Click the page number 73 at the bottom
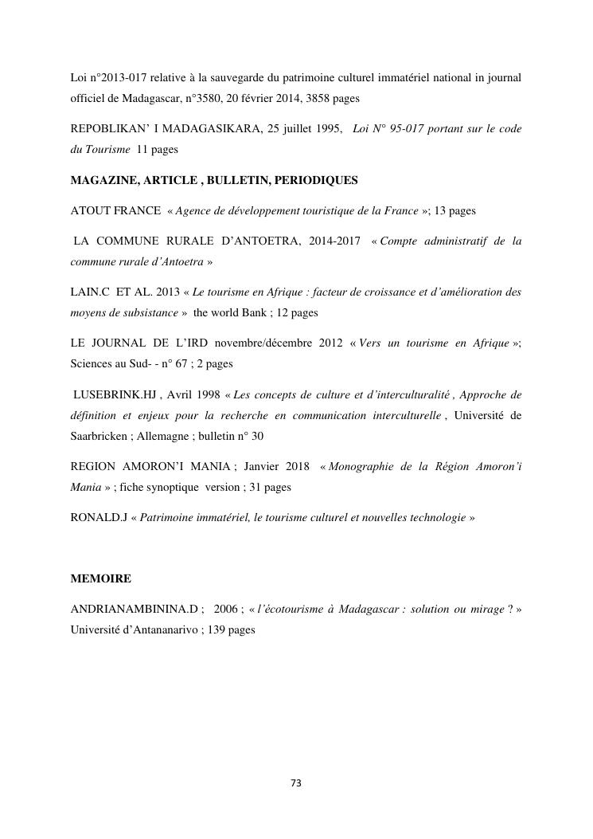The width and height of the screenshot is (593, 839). click(x=296, y=782)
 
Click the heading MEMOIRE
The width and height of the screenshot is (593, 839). click(x=101, y=578)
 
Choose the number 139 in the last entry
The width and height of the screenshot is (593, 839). click(x=216, y=629)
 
